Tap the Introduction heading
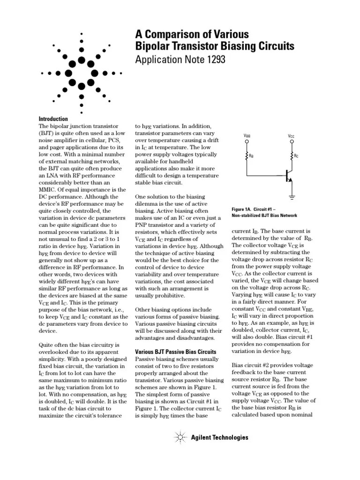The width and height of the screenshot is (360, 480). pyautogui.click(x=53, y=119)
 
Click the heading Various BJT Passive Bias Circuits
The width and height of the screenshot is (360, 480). pyautogui.click(x=175, y=352)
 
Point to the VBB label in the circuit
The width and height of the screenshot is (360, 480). pyautogui.click(x=247, y=136)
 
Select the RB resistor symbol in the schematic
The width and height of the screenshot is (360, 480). pyautogui.click(x=247, y=156)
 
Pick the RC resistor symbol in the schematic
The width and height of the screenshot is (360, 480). pyautogui.click(x=291, y=156)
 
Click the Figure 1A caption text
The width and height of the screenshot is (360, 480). pyautogui.click(x=264, y=212)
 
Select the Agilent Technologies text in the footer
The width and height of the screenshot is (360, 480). pyautogui.click(x=219, y=438)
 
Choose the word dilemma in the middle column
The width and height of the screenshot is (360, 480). pyautogui.click(x=149, y=204)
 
